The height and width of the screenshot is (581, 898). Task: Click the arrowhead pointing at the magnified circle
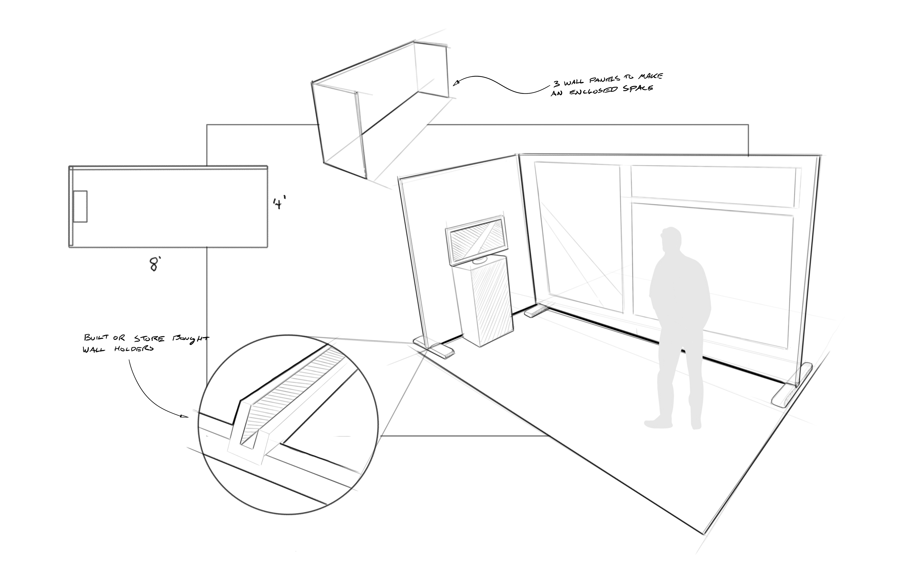click(184, 416)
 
